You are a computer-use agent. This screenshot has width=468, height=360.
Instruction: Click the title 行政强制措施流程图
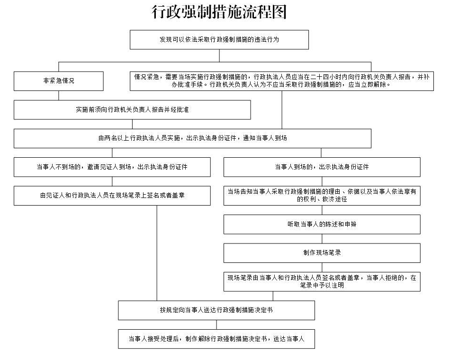219,12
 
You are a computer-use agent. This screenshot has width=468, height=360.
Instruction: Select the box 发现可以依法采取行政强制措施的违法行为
219,40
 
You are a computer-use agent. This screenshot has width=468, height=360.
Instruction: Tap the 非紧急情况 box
58,81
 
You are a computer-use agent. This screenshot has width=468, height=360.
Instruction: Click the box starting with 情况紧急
281,81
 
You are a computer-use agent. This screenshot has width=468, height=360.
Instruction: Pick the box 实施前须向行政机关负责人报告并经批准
132,110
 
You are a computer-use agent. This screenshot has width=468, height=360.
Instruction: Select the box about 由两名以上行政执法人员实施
192,138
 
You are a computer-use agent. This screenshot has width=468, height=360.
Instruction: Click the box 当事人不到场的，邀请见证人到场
112,167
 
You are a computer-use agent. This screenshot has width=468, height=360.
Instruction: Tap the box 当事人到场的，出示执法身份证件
322,167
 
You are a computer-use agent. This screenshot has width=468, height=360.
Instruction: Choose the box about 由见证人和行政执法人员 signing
112,196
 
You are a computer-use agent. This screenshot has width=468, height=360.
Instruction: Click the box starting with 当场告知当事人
322,196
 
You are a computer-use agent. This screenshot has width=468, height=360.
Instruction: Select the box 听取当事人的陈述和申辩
322,225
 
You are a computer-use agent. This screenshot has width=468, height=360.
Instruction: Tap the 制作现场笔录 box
322,253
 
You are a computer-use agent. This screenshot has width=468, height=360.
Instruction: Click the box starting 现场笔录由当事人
322,281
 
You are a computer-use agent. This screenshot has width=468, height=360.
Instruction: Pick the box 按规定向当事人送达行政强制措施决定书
216,310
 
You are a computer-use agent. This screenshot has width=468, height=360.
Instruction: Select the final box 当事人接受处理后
216,339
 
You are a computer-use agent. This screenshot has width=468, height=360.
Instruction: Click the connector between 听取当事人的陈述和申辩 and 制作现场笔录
322,239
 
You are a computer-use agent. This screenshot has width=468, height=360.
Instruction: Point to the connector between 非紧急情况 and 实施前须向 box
58,95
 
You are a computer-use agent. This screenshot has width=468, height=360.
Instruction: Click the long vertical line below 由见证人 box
157,251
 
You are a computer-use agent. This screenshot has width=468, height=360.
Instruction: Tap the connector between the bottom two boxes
216,324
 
